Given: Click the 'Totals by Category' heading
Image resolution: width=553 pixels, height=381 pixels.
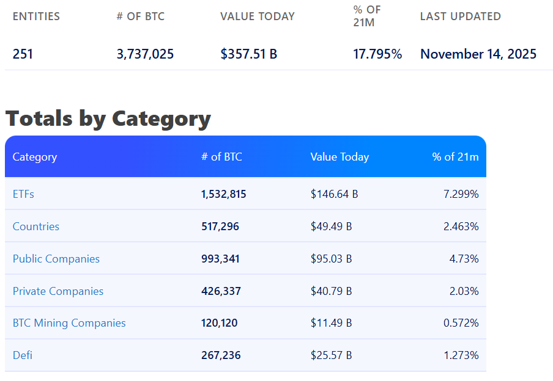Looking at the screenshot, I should (x=108, y=118).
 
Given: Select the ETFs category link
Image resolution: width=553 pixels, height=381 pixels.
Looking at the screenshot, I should (x=23, y=194).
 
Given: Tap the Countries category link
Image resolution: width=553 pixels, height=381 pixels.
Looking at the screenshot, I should (x=36, y=227).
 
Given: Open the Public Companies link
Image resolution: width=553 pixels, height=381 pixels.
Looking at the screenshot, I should (x=56, y=259).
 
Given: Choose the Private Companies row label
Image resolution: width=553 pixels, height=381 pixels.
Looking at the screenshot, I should (x=58, y=291).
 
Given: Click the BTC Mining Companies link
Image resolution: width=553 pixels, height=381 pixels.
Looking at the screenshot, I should (x=69, y=323).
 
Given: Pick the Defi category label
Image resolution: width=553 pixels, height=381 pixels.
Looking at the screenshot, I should (x=23, y=355).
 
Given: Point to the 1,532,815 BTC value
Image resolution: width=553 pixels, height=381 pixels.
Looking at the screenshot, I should (x=224, y=194).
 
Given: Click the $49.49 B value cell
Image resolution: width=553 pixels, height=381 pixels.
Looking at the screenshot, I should (x=331, y=227).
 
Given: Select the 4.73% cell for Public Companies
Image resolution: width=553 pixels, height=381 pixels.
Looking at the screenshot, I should (x=464, y=259).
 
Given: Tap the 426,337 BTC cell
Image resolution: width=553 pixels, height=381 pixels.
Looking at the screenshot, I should (x=221, y=291).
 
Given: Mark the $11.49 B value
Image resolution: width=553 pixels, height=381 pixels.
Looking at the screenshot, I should (x=331, y=323).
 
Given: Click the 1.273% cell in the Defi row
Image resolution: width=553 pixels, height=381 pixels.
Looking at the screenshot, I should (x=461, y=355).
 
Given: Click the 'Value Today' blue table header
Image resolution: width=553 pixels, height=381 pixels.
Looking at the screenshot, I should (x=340, y=157).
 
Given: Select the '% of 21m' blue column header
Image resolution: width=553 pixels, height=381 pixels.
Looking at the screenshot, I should (x=455, y=157).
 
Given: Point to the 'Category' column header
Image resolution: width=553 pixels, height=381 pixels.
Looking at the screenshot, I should (x=35, y=157).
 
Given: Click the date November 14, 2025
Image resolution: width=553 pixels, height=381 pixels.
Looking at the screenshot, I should (x=478, y=54).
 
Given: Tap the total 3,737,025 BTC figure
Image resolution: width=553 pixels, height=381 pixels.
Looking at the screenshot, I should (x=145, y=54).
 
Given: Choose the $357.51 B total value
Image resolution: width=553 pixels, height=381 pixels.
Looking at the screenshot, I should (x=249, y=54).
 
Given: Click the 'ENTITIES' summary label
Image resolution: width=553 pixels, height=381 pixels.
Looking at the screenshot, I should (x=36, y=16).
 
